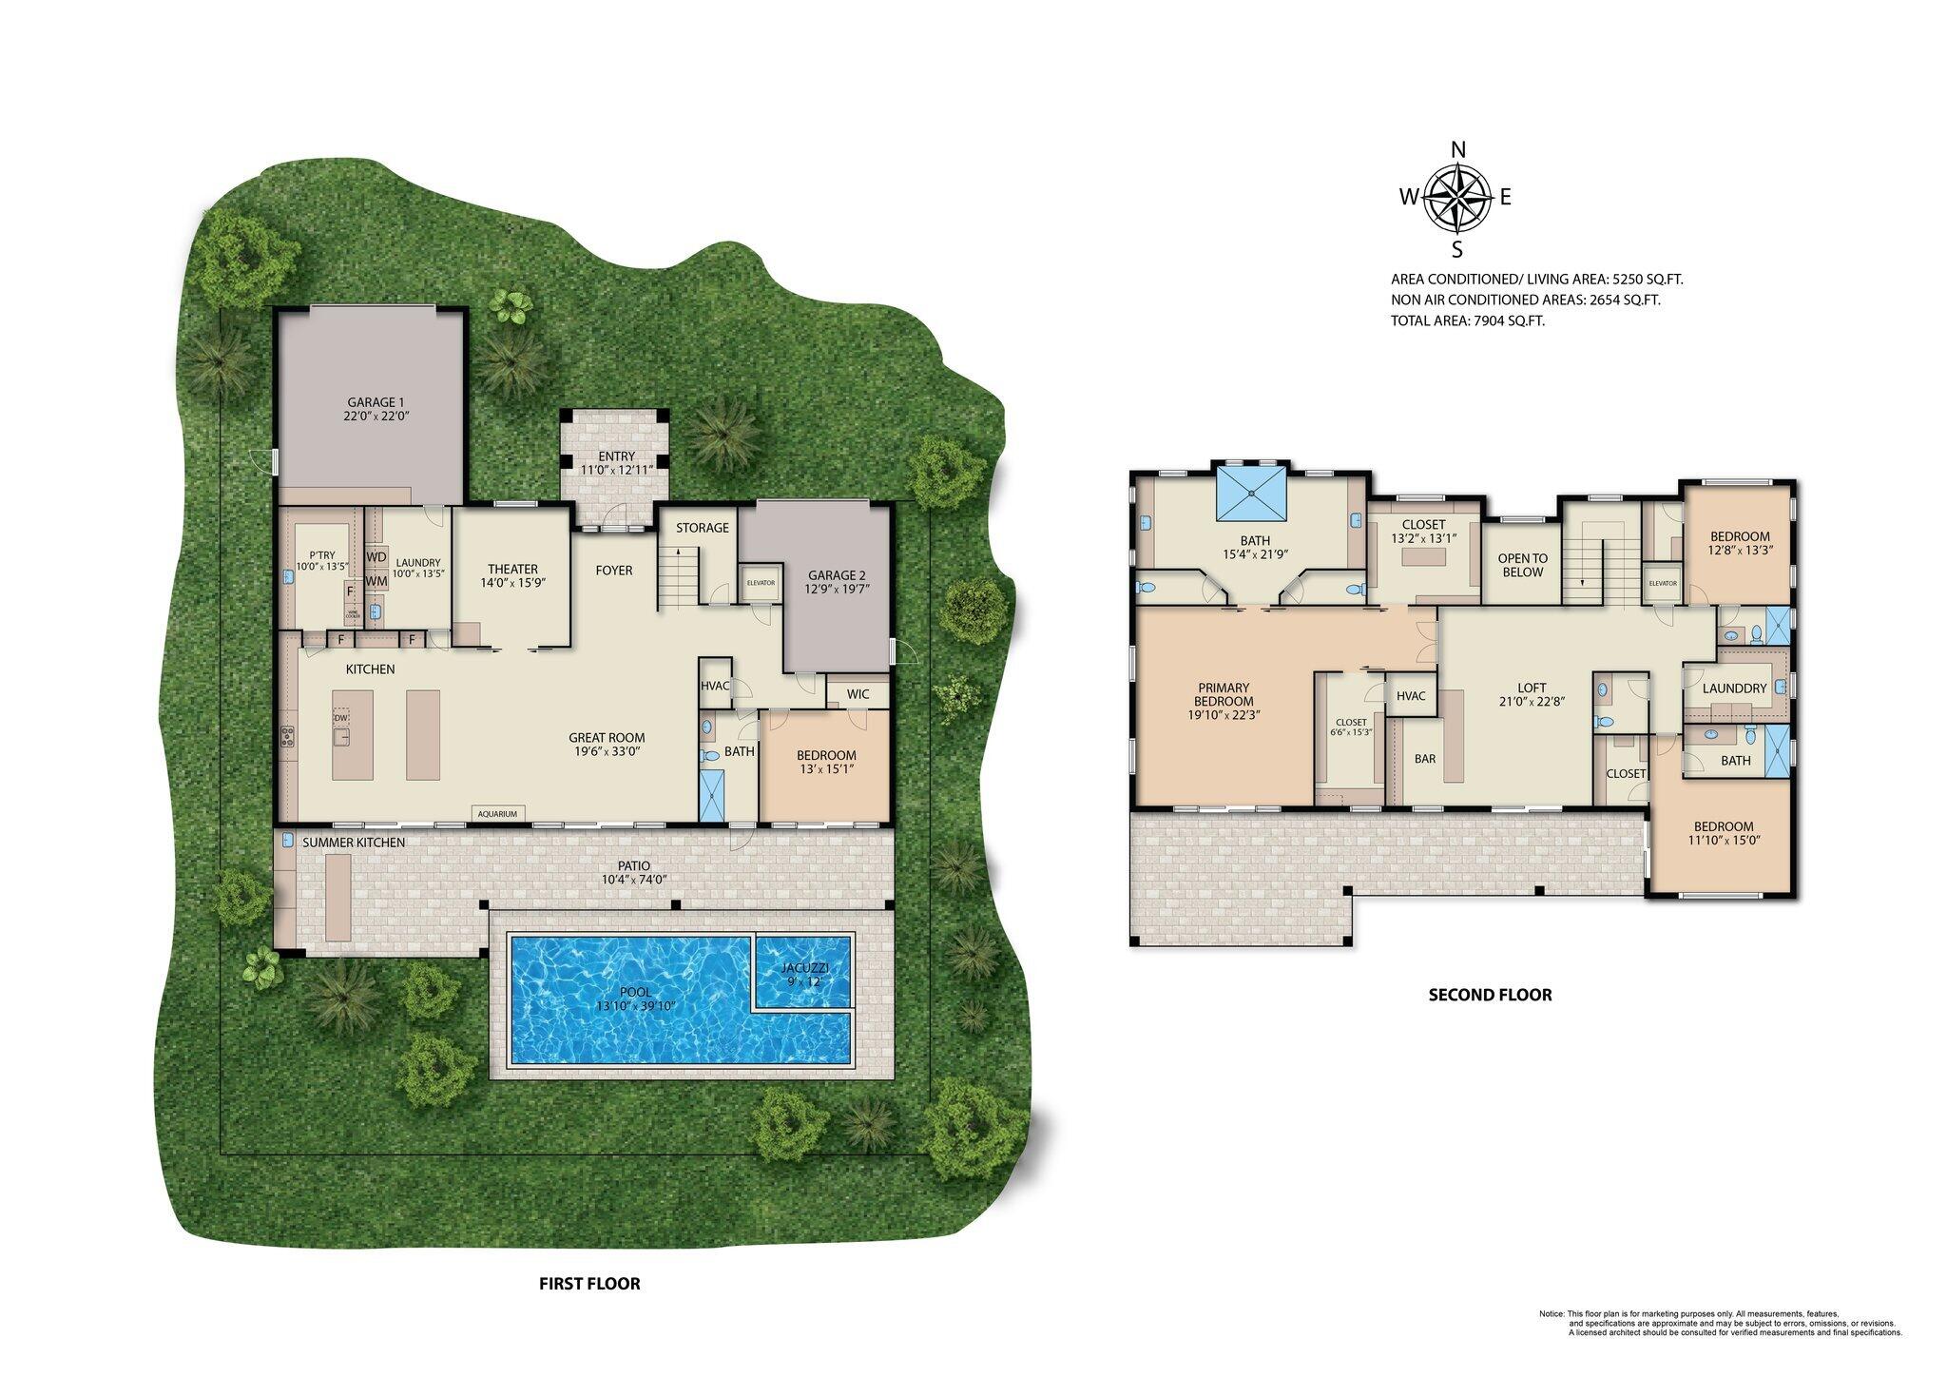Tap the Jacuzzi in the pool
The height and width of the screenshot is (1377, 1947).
click(801, 973)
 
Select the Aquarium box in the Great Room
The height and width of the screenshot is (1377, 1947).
click(497, 814)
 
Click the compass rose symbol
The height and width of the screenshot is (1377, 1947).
click(1456, 198)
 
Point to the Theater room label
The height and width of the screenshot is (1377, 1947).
click(512, 569)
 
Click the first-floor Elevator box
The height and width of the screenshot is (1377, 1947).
click(761, 583)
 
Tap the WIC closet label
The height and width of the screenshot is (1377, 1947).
click(858, 694)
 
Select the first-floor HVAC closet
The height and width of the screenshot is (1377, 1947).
click(714, 686)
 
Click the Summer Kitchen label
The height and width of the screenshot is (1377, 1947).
click(354, 843)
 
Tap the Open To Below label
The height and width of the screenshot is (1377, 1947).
click(1522, 565)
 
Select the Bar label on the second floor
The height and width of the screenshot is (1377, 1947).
click(1424, 759)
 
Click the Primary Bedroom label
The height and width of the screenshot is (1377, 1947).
click(1224, 694)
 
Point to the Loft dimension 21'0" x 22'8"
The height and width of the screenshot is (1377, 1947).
click(1532, 701)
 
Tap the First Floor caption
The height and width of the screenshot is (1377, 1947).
click(589, 1283)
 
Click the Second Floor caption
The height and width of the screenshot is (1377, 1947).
click(1490, 995)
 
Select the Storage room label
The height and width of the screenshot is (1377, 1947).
click(702, 528)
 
